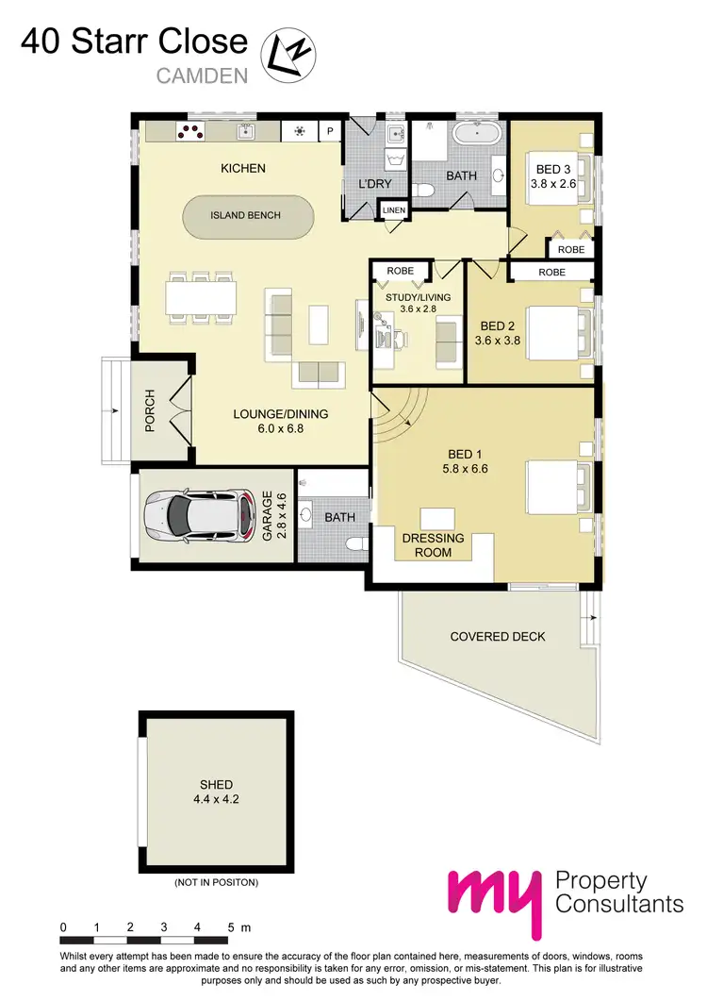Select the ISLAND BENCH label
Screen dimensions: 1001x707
pyautogui.click(x=245, y=215)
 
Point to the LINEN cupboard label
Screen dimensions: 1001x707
pyautogui.click(x=394, y=210)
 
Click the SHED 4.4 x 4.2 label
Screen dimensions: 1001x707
pyautogui.click(x=216, y=792)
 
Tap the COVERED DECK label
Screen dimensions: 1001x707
pyautogui.click(x=498, y=637)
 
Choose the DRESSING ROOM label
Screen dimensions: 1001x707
pyautogui.click(x=434, y=545)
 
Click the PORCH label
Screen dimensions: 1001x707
pyautogui.click(x=149, y=412)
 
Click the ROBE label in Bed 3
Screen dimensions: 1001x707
pyautogui.click(x=570, y=250)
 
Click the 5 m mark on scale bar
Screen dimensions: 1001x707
pyautogui.click(x=231, y=927)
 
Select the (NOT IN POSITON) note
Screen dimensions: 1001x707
pyautogui.click(x=216, y=883)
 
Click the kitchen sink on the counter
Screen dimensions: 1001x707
pyautogui.click(x=247, y=132)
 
